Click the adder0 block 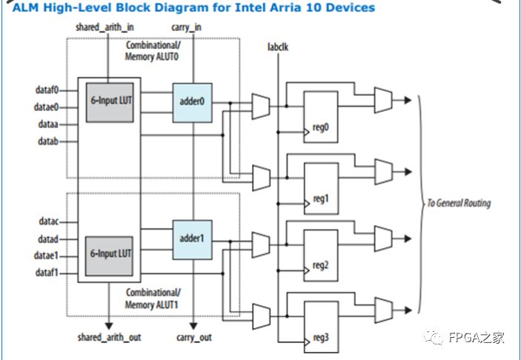point(192,101)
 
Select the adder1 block point(192,239)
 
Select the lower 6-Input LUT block point(110,253)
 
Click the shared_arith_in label point(108,27)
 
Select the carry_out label point(194,337)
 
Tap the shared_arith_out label point(108,337)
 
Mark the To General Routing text point(458,203)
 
